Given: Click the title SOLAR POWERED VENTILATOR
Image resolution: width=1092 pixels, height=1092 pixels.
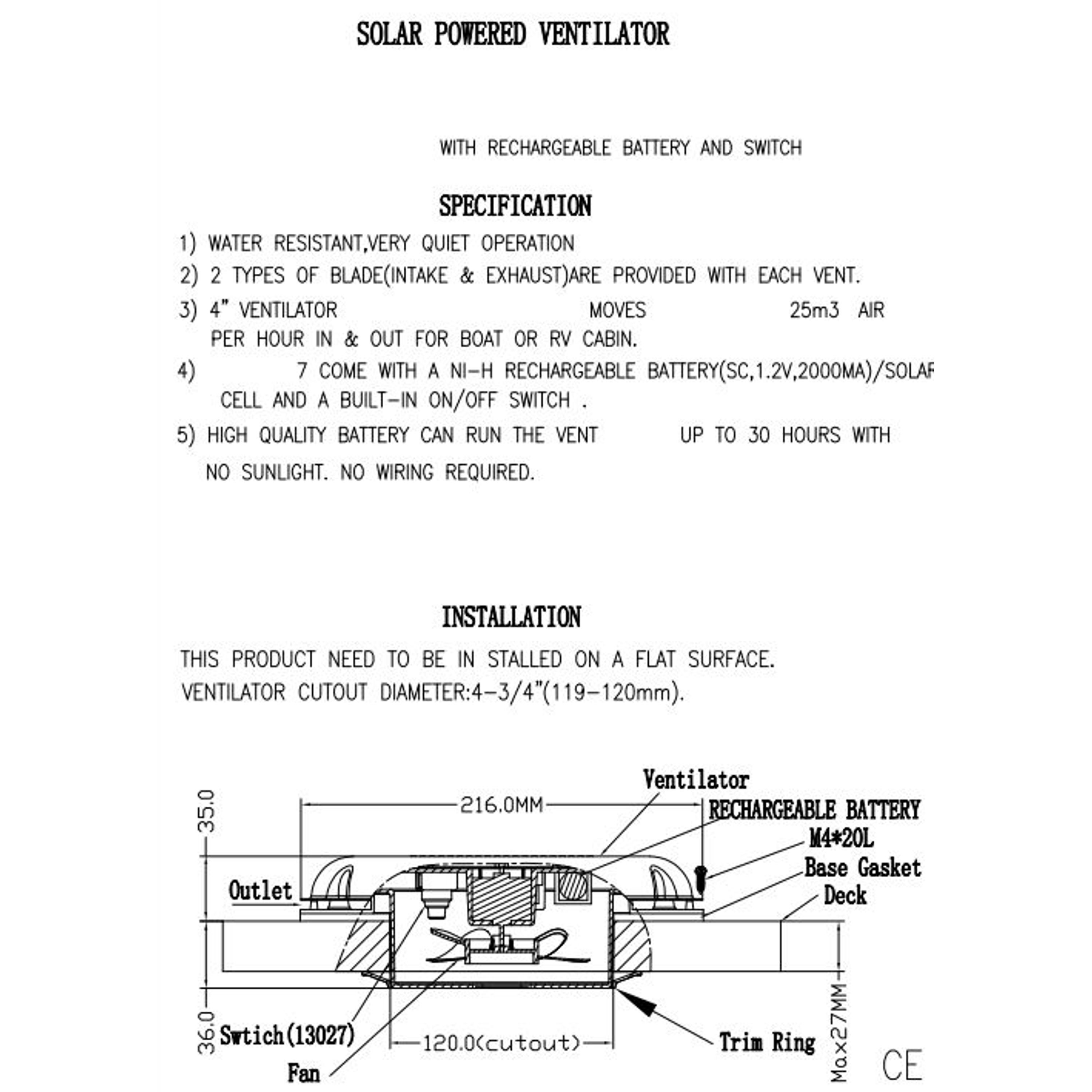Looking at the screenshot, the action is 513,34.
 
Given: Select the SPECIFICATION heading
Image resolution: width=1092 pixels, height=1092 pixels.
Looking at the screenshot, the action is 515,206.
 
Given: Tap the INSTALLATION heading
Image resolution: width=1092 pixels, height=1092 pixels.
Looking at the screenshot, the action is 511,617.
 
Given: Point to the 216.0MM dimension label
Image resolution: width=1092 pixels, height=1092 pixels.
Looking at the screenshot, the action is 501,804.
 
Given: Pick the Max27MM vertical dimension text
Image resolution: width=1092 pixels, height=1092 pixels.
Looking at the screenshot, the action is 840,1032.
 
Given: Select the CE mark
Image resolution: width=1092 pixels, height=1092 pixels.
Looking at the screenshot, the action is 902,1065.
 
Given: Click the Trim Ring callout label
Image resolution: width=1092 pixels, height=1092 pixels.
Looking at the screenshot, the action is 767,1042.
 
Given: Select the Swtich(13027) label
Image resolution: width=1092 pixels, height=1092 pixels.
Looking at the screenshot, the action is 287,1036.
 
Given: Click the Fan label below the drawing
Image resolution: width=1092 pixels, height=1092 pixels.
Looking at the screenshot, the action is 304,1072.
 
